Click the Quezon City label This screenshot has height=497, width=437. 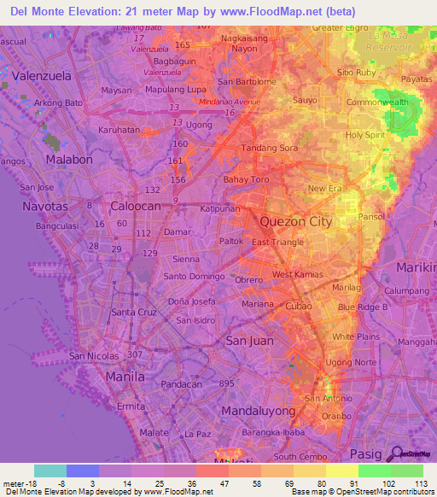(294, 221)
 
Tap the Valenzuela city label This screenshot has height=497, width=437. (41, 74)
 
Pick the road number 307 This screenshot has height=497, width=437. (133, 354)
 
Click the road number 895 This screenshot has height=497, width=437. (226, 383)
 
